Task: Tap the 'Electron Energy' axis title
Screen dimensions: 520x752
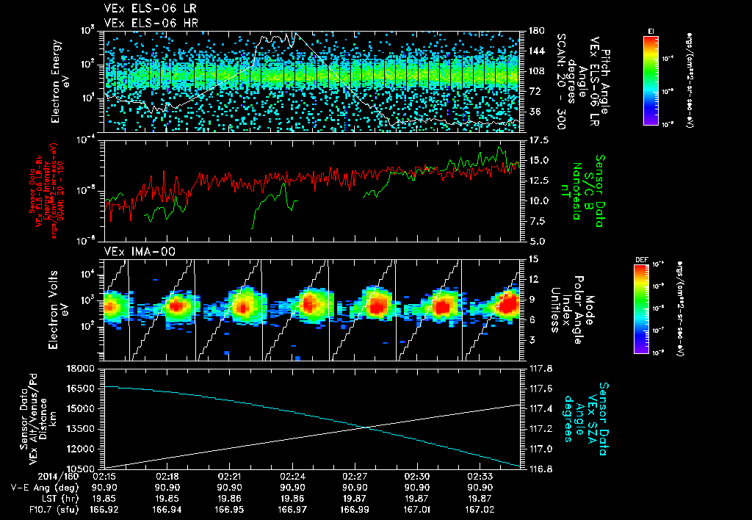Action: (x=59, y=72)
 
